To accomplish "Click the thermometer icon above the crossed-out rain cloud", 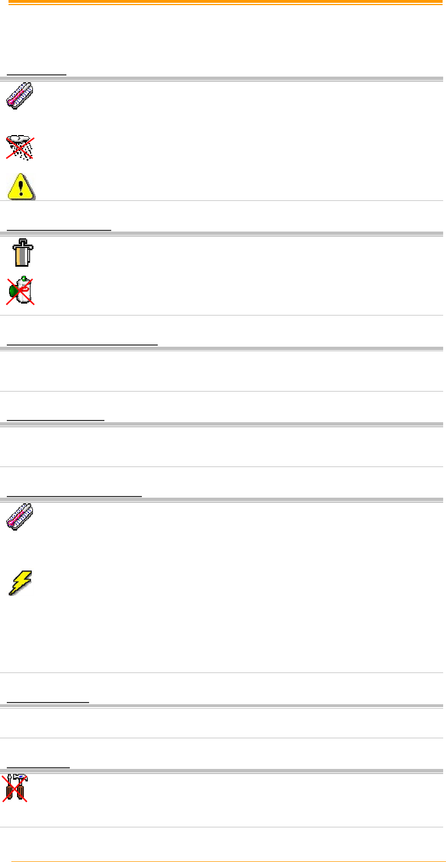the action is (x=21, y=95).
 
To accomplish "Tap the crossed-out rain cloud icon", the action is (x=20, y=147).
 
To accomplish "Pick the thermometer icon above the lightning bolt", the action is (x=21, y=518).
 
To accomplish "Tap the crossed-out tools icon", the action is (x=18, y=788).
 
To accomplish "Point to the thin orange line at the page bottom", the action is (x=227, y=861).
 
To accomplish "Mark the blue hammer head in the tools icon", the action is (x=23, y=777).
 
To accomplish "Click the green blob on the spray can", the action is (x=13, y=292).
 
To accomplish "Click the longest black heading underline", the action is (x=82, y=344).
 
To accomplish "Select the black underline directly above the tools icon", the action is (x=38, y=767).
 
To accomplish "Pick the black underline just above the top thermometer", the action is (x=36, y=74).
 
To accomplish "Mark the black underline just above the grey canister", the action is (x=59, y=230).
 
